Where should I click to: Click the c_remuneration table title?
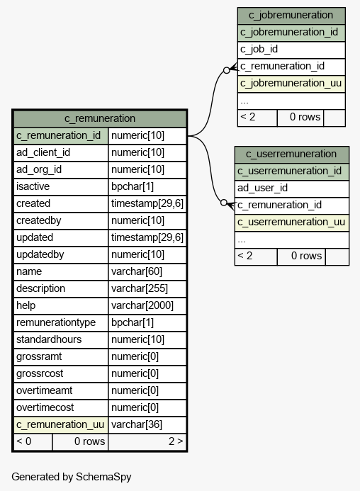tap(100, 118)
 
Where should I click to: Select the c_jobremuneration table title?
tap(291, 15)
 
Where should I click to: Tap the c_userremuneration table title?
tap(291, 154)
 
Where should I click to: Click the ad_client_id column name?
tap(43, 152)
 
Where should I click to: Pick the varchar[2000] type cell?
tap(142, 305)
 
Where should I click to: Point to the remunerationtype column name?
tap(56, 322)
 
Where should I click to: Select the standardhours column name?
tap(49, 339)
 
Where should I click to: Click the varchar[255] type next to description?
tap(140, 288)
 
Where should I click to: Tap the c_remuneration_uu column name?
tap(60, 424)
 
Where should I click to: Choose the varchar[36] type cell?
tap(137, 424)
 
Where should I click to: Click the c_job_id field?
tap(259, 49)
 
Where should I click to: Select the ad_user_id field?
tap(262, 188)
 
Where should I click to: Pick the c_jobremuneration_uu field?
tap(291, 84)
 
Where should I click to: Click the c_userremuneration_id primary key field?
tap(290, 171)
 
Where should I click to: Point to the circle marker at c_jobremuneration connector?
tap(227, 70)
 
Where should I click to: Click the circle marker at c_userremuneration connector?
tap(224, 203)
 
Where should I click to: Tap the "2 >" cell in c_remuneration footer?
tap(176, 441)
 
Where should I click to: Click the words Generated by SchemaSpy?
tap(72, 477)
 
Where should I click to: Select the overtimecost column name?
tap(45, 407)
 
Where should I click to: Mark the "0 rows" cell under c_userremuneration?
tap(306, 256)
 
